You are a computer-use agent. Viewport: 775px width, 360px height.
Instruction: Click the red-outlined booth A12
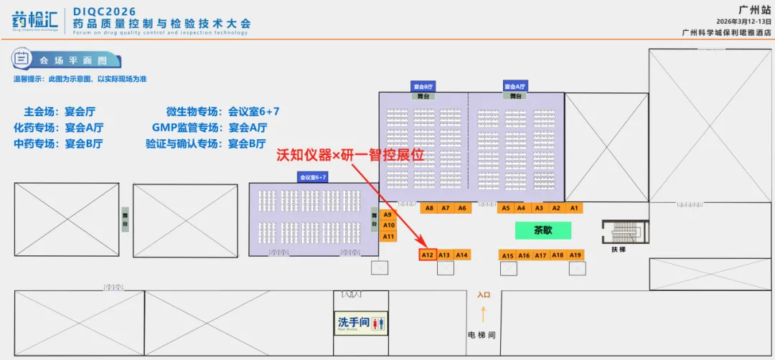(x=428, y=255)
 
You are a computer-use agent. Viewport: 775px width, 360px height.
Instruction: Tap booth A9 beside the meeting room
(x=388, y=214)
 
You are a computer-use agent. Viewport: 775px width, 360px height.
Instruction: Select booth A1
(x=574, y=208)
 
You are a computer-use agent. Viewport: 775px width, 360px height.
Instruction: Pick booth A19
(x=576, y=255)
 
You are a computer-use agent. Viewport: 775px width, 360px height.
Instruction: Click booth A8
(x=429, y=208)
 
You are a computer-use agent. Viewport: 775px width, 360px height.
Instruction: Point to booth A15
(x=507, y=255)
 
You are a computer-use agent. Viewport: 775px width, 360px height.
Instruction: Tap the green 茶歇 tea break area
(x=543, y=231)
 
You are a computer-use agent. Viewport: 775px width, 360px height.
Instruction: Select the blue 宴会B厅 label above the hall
(x=424, y=86)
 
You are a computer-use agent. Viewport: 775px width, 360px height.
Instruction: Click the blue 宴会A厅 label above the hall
(x=516, y=86)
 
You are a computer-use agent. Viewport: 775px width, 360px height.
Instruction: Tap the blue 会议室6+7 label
(x=313, y=176)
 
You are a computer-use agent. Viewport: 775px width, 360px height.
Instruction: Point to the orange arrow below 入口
(x=484, y=313)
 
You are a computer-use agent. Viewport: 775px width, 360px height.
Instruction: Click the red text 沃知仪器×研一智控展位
(x=345, y=154)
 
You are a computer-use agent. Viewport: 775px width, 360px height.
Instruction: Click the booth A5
(x=506, y=208)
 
